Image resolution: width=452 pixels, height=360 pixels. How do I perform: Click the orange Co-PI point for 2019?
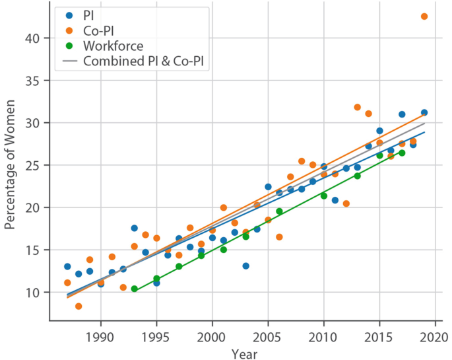[x=424, y=17]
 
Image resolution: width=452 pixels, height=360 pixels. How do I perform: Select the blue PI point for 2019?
[x=424, y=112]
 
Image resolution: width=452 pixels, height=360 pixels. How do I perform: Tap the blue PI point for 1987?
[x=67, y=266]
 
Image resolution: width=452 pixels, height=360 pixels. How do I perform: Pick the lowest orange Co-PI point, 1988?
[x=79, y=306]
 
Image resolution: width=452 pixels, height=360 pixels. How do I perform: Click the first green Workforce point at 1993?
[x=134, y=289]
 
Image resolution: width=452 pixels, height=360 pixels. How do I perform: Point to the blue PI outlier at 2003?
[x=245, y=266]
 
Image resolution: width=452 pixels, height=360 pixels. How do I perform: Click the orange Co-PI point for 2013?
[x=357, y=107]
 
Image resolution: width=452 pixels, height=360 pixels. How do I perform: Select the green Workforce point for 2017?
[x=402, y=153]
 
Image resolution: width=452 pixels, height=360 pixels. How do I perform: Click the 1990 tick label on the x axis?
[x=100, y=336]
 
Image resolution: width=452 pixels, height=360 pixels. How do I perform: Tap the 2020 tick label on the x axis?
[x=436, y=336]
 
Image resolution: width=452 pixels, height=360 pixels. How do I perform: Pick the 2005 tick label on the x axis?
[x=268, y=336]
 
